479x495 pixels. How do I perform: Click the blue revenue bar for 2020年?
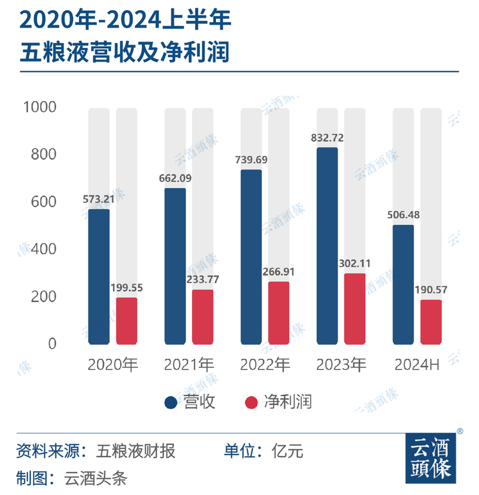[99, 277]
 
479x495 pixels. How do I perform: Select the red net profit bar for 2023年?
[354, 309]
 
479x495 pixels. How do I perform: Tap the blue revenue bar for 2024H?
[403, 285]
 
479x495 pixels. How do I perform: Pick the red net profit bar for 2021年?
[202, 317]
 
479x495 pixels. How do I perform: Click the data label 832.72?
[328, 138]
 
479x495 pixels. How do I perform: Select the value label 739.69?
[251, 160]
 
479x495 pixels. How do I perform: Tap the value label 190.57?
[431, 290]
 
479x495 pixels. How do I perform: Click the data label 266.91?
[279, 271]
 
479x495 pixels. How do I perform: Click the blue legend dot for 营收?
[171, 402]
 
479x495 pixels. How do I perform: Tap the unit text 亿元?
[287, 451]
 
